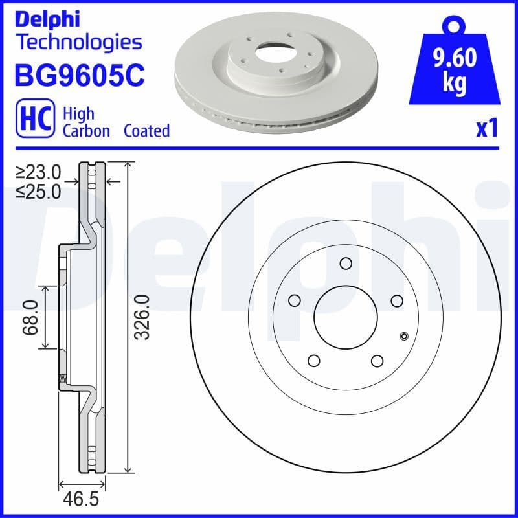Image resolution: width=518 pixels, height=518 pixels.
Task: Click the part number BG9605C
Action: [x=78, y=76]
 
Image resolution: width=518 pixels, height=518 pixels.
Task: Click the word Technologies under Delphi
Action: [x=78, y=42]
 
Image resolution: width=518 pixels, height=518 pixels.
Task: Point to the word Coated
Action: [x=146, y=131]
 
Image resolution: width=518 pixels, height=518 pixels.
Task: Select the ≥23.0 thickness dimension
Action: [x=39, y=172]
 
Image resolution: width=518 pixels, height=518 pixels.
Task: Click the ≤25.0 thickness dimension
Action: [x=39, y=191]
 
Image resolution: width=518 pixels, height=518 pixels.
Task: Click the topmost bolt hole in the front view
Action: [x=346, y=263]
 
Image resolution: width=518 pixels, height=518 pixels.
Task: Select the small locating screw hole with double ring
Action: [x=405, y=335]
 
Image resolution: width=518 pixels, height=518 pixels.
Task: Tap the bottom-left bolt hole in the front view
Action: [x=314, y=361]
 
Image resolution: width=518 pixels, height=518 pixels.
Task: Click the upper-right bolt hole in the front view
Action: [x=397, y=300]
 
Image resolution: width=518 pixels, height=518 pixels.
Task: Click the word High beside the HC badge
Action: [x=78, y=114]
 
